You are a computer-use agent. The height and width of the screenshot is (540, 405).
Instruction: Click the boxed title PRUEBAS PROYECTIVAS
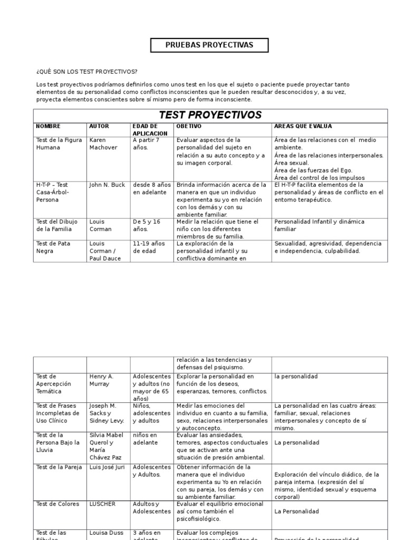click(x=209, y=45)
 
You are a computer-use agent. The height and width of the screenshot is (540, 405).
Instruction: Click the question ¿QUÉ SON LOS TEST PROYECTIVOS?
click(x=86, y=72)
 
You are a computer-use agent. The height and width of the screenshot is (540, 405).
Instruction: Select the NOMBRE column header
click(x=48, y=127)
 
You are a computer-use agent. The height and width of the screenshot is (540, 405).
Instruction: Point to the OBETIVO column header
click(x=189, y=127)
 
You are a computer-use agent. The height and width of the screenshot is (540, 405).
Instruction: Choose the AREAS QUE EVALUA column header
click(x=303, y=127)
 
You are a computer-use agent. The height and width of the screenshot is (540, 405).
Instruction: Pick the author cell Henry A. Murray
click(x=101, y=380)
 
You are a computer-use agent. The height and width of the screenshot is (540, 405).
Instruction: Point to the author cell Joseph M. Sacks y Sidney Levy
click(x=105, y=413)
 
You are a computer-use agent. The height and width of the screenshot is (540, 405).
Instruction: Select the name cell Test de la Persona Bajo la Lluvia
click(x=58, y=442)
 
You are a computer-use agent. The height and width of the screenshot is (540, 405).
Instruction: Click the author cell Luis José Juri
click(x=108, y=467)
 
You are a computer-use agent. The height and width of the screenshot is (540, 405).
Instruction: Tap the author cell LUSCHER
click(x=102, y=504)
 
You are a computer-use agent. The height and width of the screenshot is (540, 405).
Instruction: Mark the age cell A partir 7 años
click(x=146, y=144)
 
